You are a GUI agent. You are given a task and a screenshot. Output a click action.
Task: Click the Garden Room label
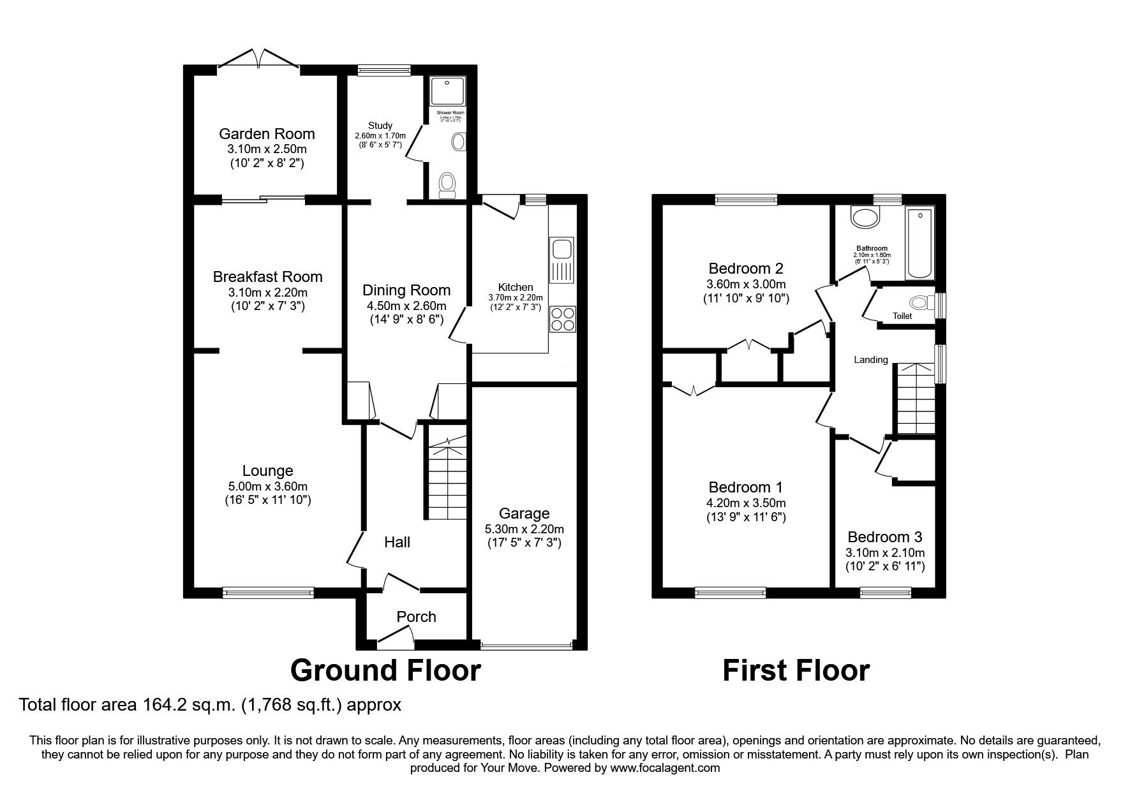click(267, 134)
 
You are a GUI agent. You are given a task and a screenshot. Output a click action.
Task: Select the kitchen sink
click(562, 248)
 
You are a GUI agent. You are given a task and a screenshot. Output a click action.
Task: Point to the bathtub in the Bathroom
click(919, 243)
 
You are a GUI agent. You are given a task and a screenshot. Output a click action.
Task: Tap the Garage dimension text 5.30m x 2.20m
click(524, 529)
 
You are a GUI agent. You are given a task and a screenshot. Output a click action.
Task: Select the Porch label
click(416, 617)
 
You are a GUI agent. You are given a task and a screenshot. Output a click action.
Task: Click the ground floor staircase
click(447, 478)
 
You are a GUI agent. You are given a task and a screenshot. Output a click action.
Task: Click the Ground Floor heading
click(385, 670)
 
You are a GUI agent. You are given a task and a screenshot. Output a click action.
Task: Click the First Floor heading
click(796, 670)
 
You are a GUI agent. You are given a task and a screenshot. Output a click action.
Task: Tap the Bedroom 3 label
click(885, 537)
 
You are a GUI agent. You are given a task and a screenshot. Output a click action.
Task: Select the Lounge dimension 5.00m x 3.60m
click(267, 485)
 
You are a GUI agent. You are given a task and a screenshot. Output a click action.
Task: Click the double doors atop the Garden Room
click(259, 59)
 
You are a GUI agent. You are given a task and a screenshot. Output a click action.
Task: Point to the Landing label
click(871, 360)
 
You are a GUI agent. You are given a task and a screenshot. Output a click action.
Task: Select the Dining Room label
click(406, 290)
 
